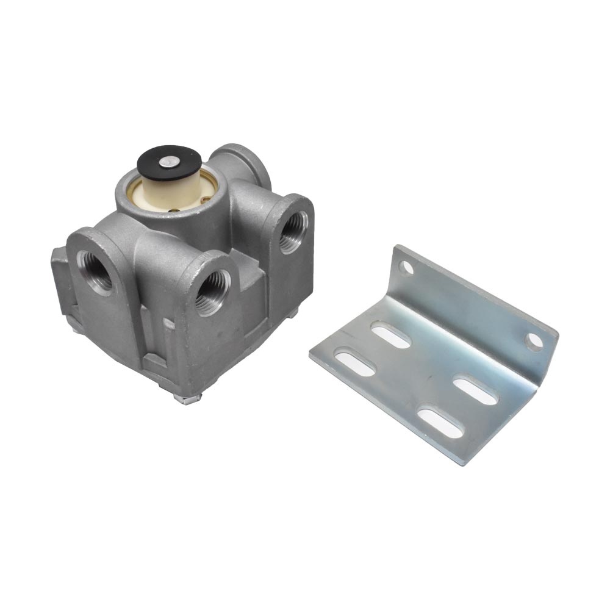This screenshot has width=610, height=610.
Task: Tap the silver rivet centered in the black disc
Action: (x=168, y=162)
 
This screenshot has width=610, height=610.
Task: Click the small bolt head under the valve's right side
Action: (x=293, y=313)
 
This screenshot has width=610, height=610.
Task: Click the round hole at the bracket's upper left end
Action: (x=404, y=267)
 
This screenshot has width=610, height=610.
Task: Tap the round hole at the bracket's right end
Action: (x=534, y=341)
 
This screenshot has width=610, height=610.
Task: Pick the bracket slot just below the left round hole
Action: (x=391, y=336)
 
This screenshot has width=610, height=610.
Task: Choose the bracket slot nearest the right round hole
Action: (x=476, y=391)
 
